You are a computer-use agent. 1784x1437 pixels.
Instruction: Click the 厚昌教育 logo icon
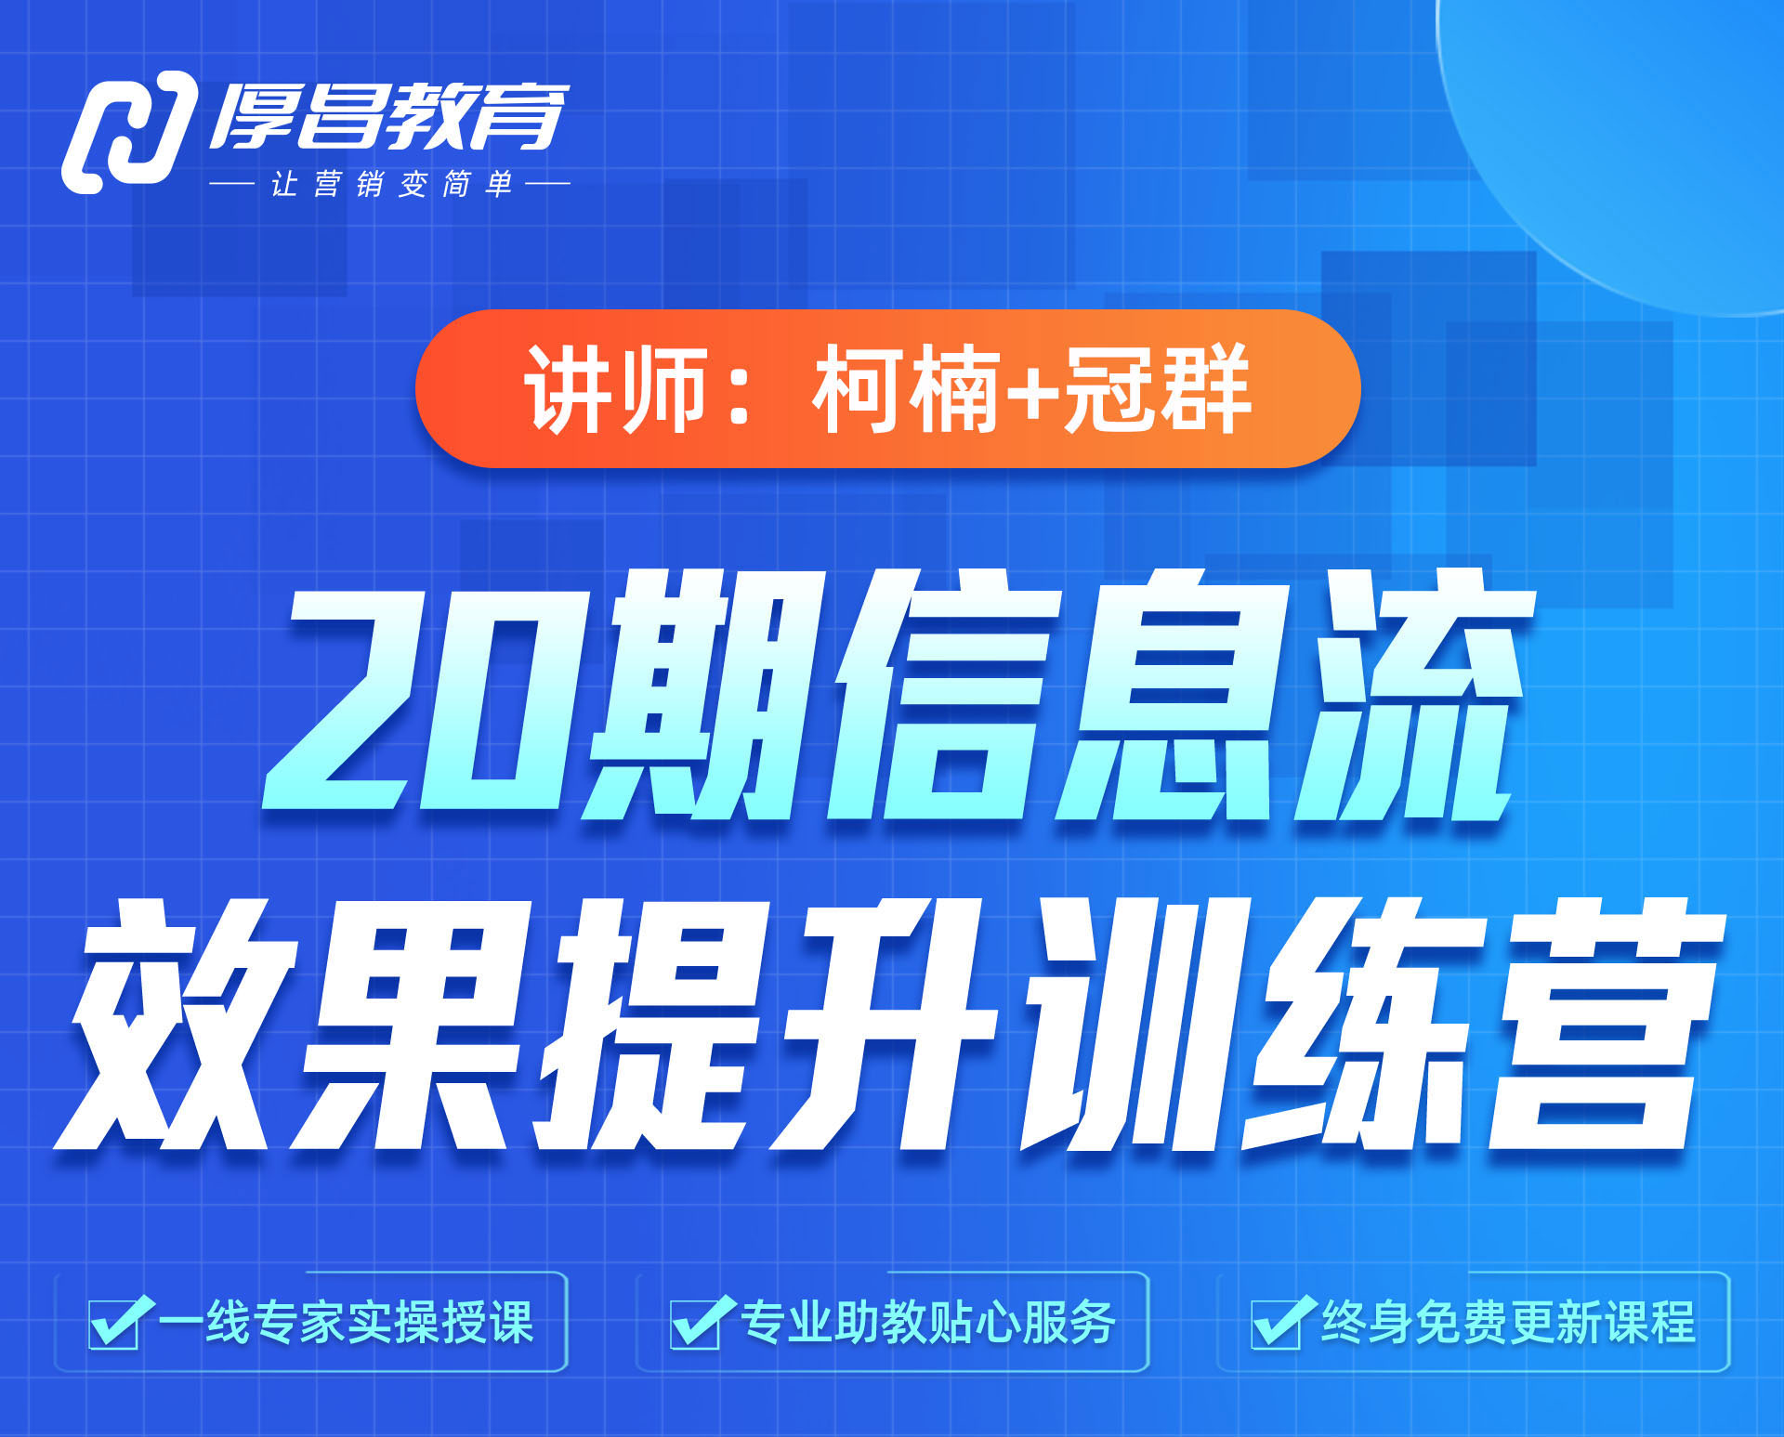pyautogui.click(x=130, y=132)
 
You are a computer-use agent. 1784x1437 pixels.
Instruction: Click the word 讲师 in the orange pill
pyautogui.click(x=617, y=388)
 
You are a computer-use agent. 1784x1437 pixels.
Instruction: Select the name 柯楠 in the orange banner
pyautogui.click(x=905, y=388)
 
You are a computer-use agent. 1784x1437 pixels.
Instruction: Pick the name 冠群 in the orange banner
pyautogui.click(x=1156, y=388)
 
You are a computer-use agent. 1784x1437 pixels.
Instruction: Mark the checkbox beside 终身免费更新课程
pyautogui.click(x=1279, y=1321)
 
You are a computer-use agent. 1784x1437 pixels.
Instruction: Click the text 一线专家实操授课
pyautogui.click(x=347, y=1322)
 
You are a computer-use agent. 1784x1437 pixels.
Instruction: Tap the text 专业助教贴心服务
pyautogui.click(x=928, y=1322)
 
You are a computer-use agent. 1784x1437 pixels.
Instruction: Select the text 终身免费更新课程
pyautogui.click(x=1509, y=1322)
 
